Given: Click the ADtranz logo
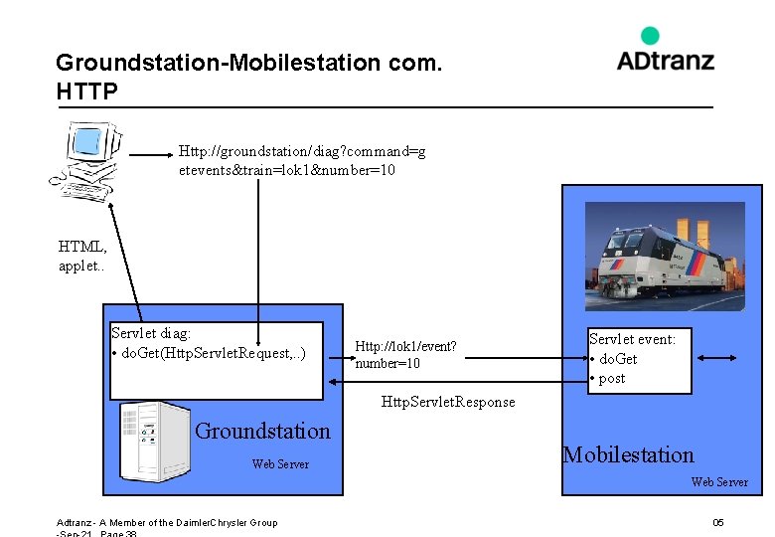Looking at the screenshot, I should click(665, 52).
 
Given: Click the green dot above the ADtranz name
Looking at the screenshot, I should click(650, 36).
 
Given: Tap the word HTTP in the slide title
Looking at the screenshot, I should click(87, 92).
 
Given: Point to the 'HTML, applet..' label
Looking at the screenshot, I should click(82, 256).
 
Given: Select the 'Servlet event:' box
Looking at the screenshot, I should click(639, 360).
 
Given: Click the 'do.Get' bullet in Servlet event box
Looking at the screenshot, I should click(617, 359).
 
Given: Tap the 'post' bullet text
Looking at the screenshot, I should click(612, 378).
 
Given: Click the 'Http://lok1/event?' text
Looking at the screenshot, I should click(405, 347).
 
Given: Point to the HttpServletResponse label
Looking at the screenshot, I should click(448, 403).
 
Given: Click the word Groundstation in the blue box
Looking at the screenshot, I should click(262, 431).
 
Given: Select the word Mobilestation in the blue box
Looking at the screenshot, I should click(628, 455).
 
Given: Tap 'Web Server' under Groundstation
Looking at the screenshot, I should click(280, 464).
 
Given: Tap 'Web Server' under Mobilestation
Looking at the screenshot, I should click(719, 482).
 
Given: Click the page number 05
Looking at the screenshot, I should click(717, 523).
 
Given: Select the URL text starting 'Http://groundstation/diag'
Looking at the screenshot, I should click(302, 160).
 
